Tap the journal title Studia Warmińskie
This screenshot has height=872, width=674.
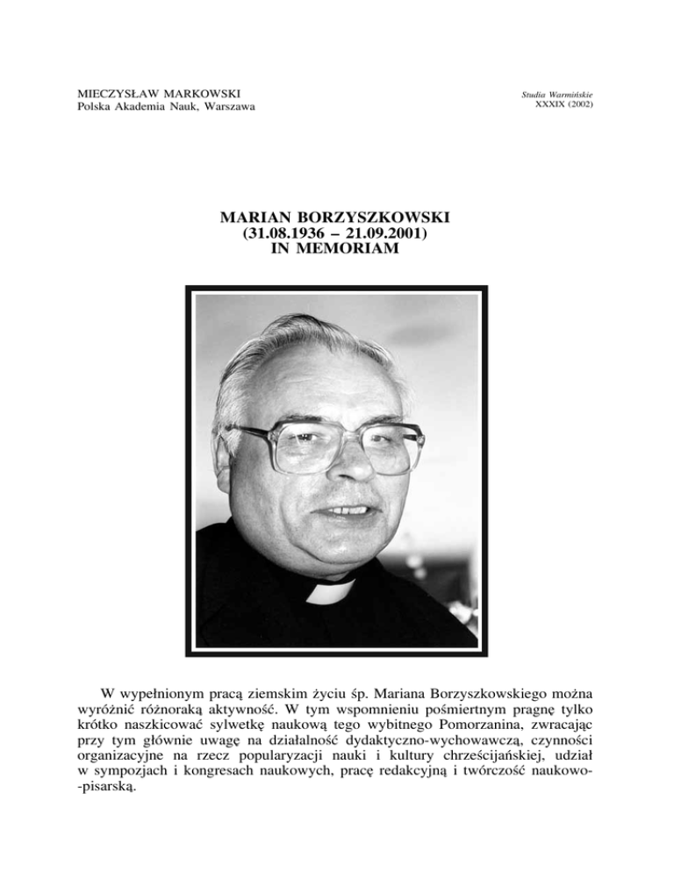(569, 93)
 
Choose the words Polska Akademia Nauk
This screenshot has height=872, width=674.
(122, 108)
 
